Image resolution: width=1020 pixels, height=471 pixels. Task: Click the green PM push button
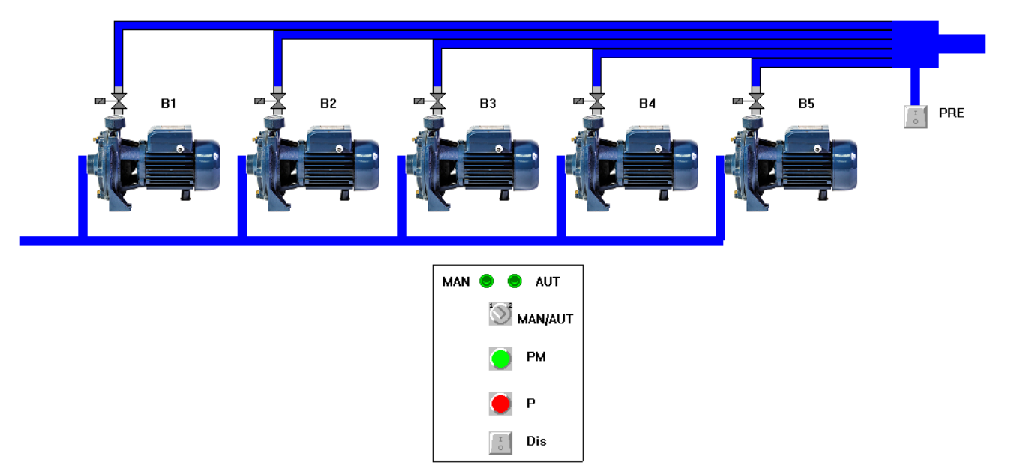click(500, 358)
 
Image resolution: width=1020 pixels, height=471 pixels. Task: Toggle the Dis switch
click(500, 442)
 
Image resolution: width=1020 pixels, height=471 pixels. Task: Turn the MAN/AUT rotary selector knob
click(500, 315)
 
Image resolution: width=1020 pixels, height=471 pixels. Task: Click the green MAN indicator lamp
click(486, 281)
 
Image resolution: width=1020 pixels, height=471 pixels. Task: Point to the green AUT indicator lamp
click(514, 281)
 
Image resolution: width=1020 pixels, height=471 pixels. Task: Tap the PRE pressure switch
click(916, 116)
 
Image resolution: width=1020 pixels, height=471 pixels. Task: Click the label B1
click(169, 103)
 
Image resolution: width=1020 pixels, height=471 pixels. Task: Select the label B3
click(487, 103)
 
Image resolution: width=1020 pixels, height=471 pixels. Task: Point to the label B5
click(806, 103)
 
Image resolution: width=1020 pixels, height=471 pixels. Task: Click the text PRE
click(952, 113)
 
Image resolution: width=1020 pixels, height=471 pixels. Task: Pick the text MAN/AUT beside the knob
click(545, 319)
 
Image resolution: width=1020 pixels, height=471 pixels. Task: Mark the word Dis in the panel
click(536, 441)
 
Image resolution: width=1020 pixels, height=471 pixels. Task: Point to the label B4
click(647, 103)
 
